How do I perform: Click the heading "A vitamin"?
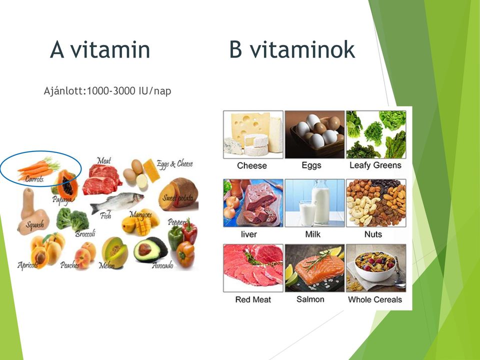[100, 49]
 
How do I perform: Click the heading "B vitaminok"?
[292, 49]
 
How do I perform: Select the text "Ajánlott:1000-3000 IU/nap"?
[107, 91]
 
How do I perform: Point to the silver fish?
[117, 202]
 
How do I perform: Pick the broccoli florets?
[73, 218]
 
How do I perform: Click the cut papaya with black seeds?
[66, 185]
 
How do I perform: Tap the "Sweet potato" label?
[178, 198]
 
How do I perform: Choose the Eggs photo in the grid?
[314, 134]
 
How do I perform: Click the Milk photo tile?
[314, 203]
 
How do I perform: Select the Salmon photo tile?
[314, 268]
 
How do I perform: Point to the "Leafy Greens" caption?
[375, 165]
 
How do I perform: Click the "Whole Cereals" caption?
[375, 299]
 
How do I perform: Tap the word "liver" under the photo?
[249, 234]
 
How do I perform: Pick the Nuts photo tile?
[376, 203]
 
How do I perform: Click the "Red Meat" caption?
[253, 299]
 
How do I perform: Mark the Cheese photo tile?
[253, 134]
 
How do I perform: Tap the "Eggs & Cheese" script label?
[175, 164]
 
